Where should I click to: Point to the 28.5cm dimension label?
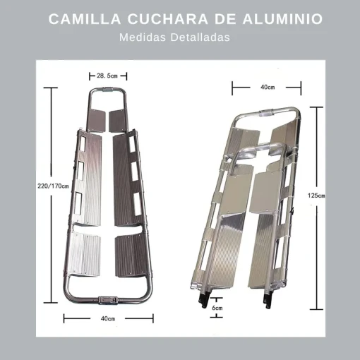tap(108, 75)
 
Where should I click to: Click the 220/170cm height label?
tap(53, 186)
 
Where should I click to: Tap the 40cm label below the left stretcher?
tap(107, 318)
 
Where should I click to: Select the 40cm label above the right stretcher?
tap(267, 87)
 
